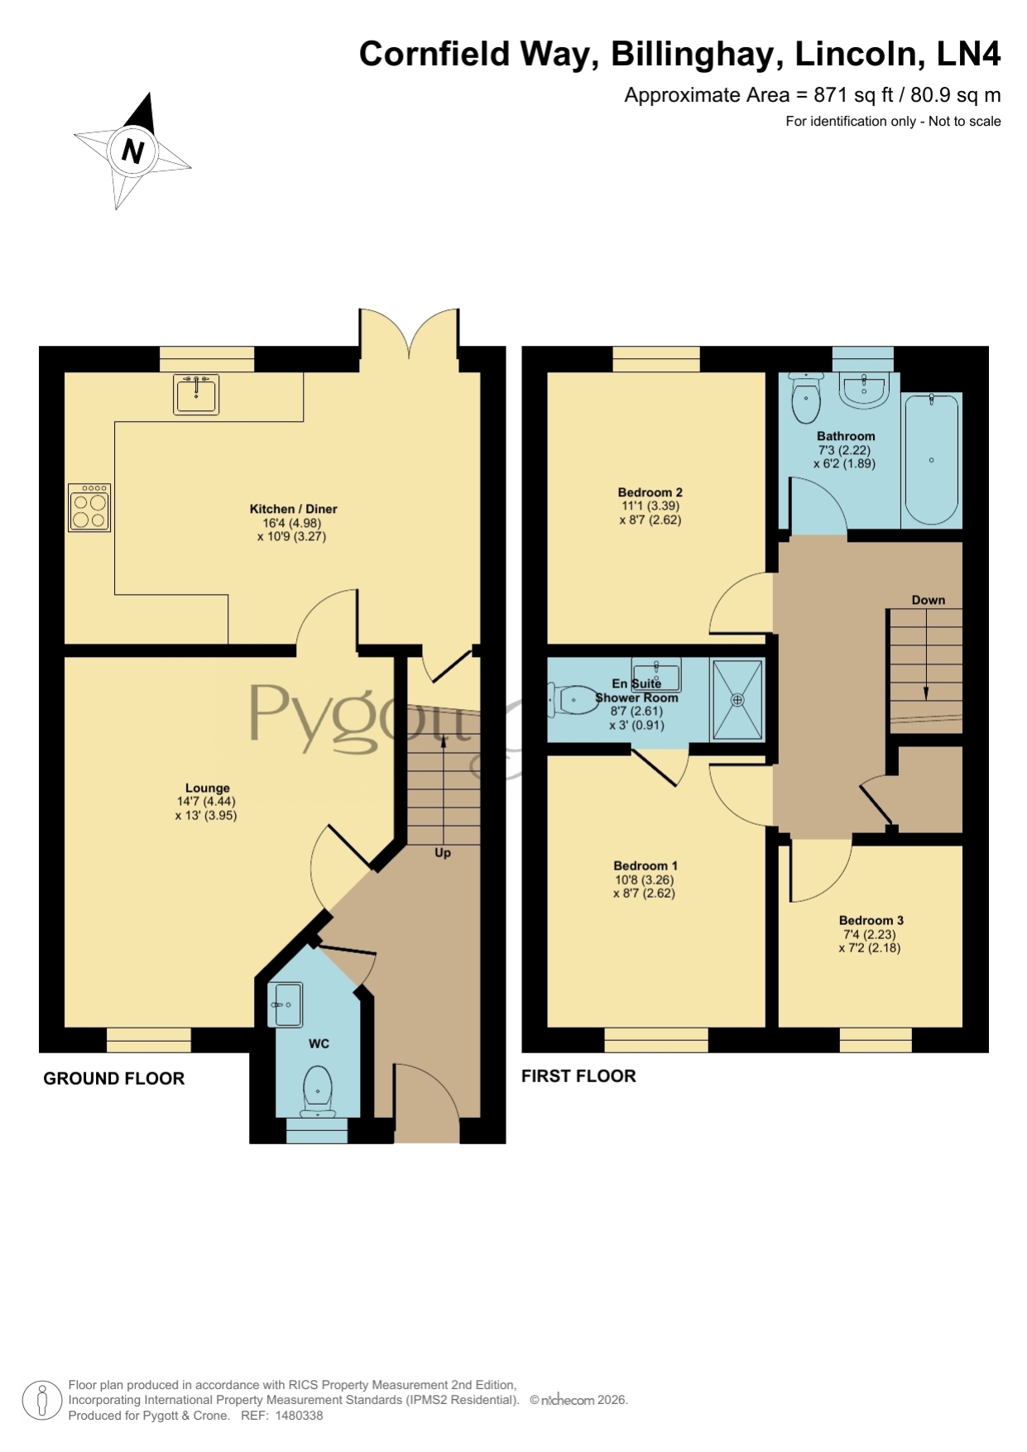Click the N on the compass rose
[132, 151]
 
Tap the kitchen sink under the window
[196, 395]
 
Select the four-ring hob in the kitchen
[89, 507]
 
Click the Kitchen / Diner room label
[294, 509]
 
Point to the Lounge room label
[208, 788]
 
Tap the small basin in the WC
[286, 1004]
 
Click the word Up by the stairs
[443, 853]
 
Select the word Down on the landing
[929, 600]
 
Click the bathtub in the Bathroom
[932, 459]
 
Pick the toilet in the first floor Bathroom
[806, 398]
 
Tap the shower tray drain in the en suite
[737, 700]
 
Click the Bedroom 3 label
[871, 920]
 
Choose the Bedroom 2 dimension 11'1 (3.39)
[650, 506]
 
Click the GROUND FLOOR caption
[114, 1079]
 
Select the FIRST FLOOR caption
[578, 1076]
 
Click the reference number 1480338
[298, 1416]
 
